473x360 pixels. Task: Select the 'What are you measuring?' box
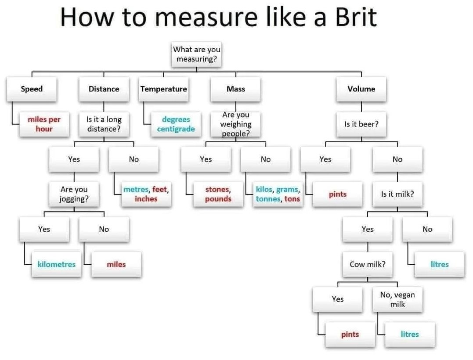coord(196,54)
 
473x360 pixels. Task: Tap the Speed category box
coord(32,89)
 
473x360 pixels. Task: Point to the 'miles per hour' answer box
coord(44,124)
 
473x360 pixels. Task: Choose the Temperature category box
coord(164,89)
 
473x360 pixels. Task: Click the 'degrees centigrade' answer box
coord(176,124)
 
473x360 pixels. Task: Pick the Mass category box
coord(236,89)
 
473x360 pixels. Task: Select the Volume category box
coord(361,89)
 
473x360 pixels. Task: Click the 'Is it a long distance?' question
coord(104,124)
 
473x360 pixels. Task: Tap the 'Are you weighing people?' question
coord(236,124)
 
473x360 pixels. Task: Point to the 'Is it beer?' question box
coord(361,124)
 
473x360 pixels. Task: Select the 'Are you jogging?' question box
coord(74,194)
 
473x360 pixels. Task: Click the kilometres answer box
coord(57,264)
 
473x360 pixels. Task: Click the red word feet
coord(160,190)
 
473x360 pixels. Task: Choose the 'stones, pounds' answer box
coord(218,194)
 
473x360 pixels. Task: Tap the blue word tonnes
coord(268,199)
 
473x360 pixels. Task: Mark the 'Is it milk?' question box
coord(397,194)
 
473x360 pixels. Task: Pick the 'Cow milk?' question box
coord(368,264)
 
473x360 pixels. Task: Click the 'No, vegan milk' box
coord(397,299)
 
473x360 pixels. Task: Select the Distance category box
coord(104,89)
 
